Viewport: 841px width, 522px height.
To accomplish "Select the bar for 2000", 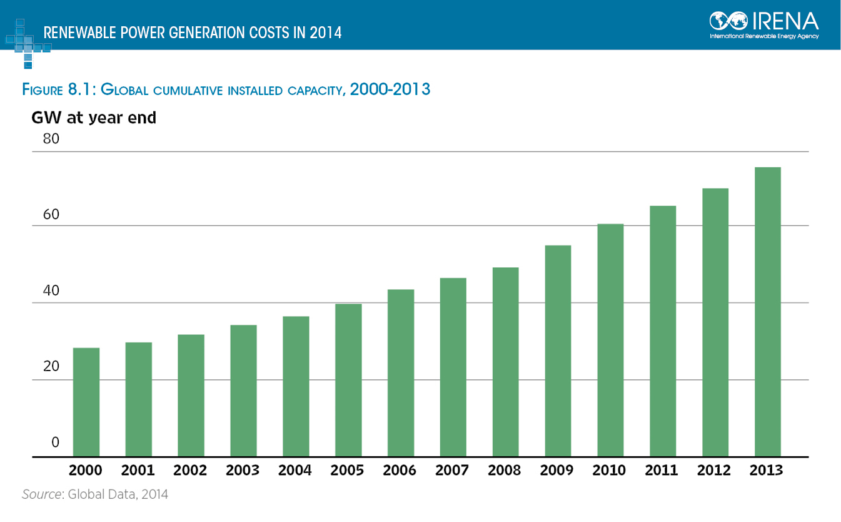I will click(x=86, y=402).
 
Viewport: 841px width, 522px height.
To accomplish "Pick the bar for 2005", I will click(x=348, y=380).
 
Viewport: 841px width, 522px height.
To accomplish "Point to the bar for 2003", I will click(x=243, y=391).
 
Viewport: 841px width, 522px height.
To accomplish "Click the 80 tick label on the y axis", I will click(x=51, y=140).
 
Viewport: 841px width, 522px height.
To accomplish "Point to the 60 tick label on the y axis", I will click(x=51, y=215).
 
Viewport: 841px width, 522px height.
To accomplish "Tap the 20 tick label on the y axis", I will click(x=51, y=367).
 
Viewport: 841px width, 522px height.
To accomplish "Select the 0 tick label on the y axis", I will click(x=55, y=443).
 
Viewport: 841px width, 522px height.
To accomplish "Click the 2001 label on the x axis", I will click(x=138, y=471).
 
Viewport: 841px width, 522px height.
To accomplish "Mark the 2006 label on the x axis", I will click(x=400, y=471).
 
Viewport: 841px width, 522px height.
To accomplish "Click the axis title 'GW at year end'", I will click(x=94, y=118).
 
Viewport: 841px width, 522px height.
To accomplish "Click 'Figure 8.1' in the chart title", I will click(x=59, y=90).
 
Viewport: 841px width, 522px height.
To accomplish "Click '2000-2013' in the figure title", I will click(x=390, y=89).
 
